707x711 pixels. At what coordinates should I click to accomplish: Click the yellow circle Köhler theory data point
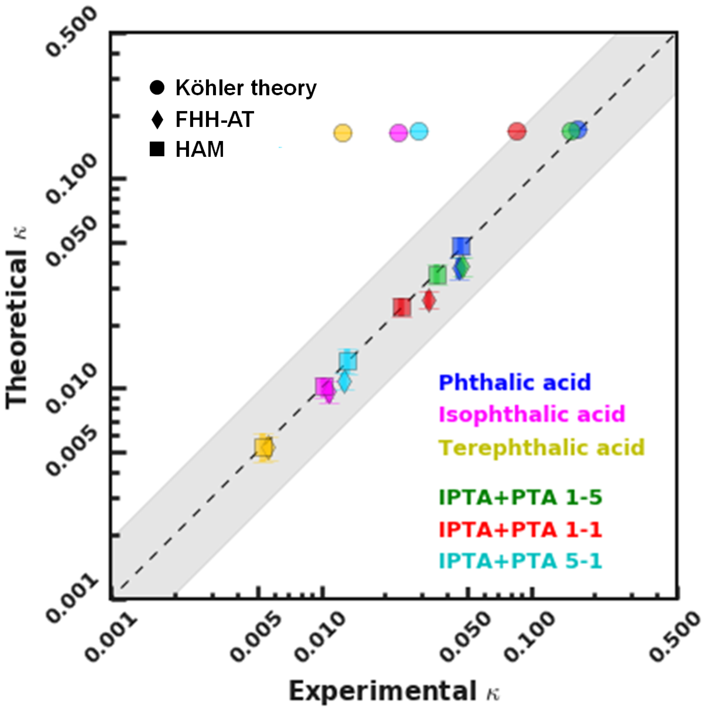(x=343, y=133)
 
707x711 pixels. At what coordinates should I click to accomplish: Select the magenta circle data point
(x=398, y=133)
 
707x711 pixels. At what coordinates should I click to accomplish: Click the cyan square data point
(x=348, y=361)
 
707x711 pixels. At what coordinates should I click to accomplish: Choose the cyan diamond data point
(x=344, y=382)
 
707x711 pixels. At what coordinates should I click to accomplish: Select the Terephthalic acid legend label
(x=542, y=447)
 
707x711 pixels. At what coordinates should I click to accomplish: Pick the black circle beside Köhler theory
(x=157, y=88)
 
